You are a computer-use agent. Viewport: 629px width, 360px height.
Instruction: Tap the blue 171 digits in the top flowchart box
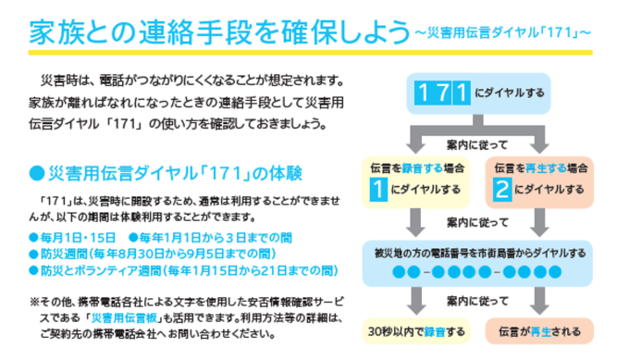[441, 93]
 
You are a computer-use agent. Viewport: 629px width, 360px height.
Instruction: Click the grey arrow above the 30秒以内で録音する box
[415, 300]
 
